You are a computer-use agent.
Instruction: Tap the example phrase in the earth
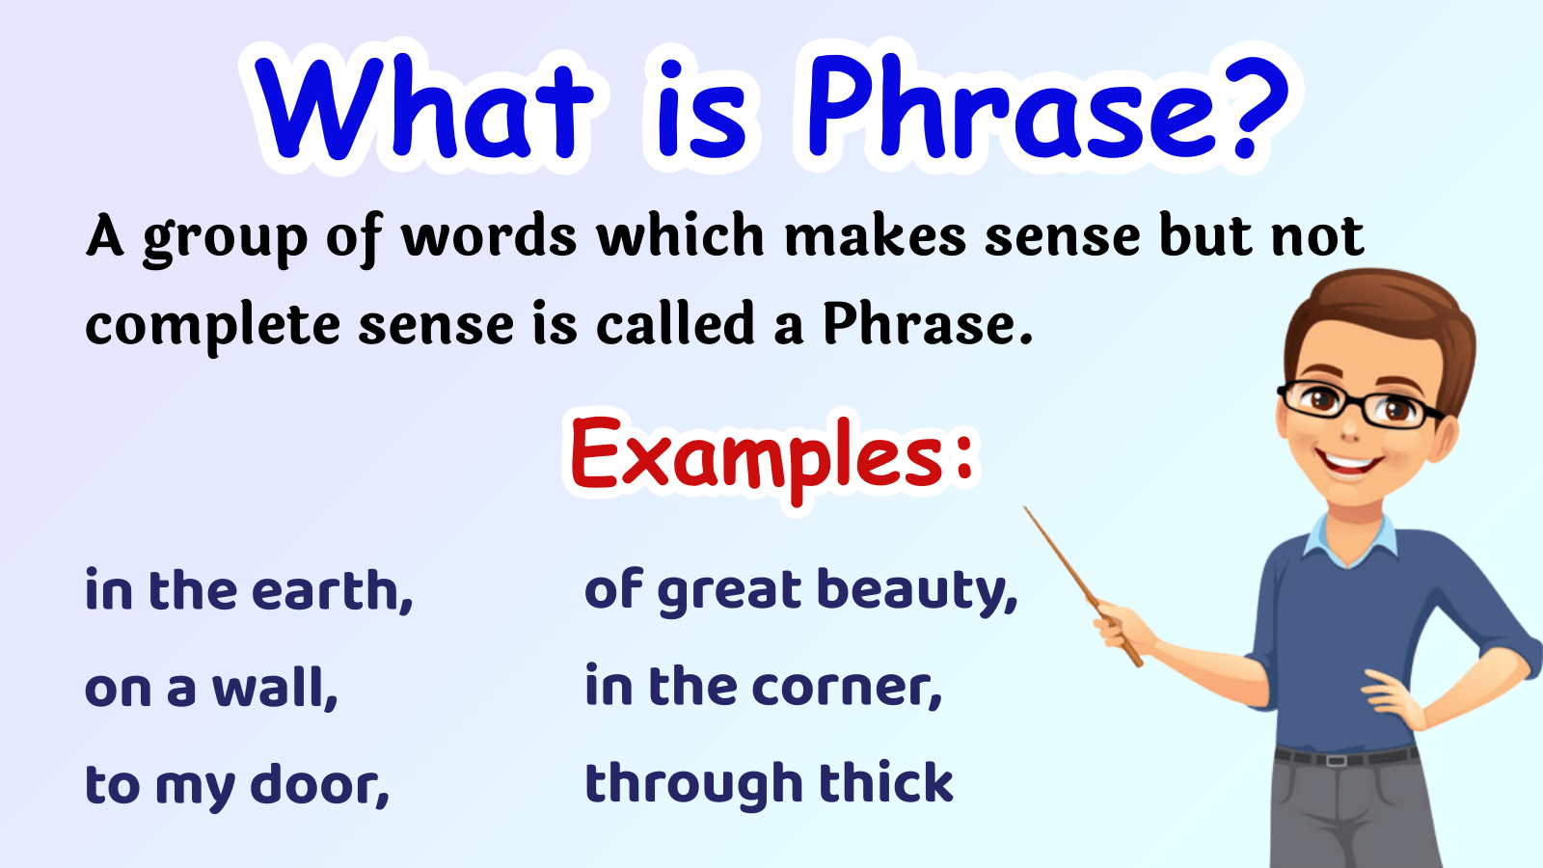tap(249, 590)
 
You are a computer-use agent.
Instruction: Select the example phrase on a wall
tap(211, 688)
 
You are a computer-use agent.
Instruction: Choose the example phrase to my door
tap(237, 785)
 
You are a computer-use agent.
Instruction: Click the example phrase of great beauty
tap(800, 591)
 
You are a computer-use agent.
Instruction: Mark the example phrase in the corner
tap(763, 687)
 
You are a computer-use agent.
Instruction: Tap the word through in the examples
tap(693, 785)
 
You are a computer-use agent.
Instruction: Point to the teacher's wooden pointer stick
tap(1082, 586)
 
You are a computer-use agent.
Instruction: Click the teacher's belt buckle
tap(1336, 761)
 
